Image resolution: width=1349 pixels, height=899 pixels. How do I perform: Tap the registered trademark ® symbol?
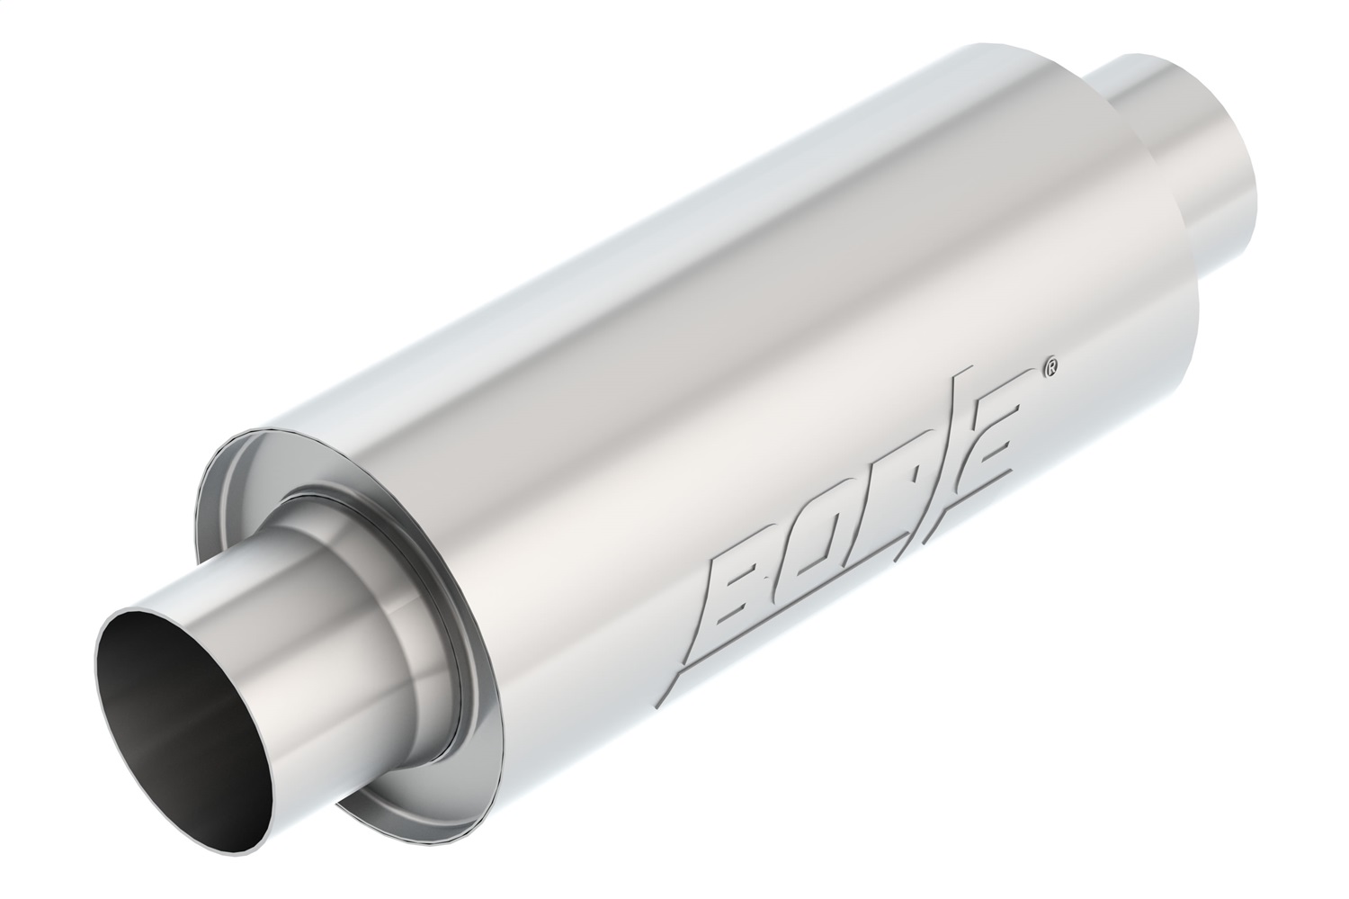click(x=1049, y=366)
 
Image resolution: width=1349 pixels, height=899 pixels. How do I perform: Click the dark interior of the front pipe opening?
click(x=166, y=711)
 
